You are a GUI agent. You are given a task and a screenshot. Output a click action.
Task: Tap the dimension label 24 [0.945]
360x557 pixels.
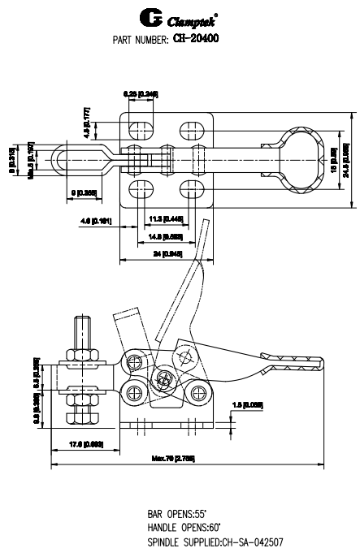(167, 254)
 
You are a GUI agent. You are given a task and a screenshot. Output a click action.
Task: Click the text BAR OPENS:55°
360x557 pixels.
(177, 513)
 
